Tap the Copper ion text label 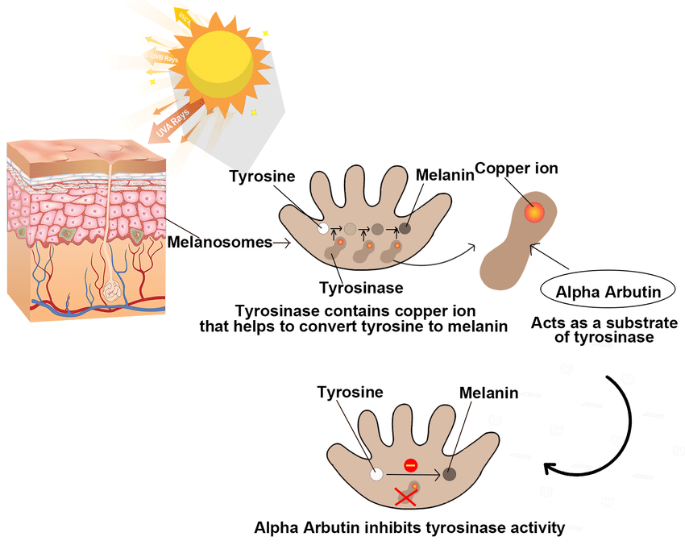tap(516, 168)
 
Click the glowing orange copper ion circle tap(533, 212)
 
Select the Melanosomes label tap(219, 242)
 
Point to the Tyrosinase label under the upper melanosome tap(360, 287)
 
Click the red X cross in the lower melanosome tap(405, 497)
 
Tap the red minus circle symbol tap(410, 465)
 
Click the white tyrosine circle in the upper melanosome tap(323, 229)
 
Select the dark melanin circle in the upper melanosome tap(405, 228)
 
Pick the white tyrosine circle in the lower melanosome tap(376, 475)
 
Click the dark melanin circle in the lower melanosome tap(449, 475)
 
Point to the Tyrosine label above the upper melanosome tap(262, 176)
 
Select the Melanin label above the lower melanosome tap(488, 393)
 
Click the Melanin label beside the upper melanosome tap(445, 175)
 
